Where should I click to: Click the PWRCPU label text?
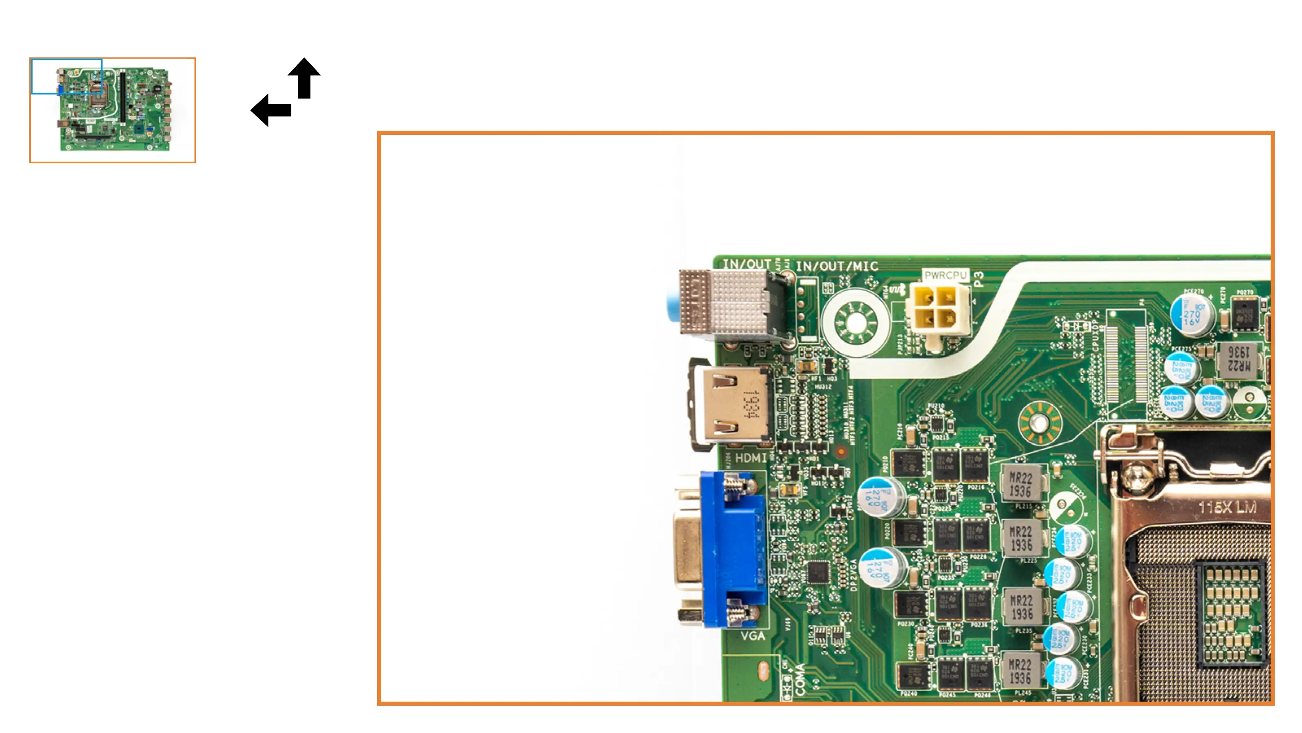tap(945, 276)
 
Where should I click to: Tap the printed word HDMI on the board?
tap(751, 458)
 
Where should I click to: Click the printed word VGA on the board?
tap(753, 636)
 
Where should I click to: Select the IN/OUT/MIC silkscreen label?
tap(837, 266)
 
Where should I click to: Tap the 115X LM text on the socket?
tap(1227, 507)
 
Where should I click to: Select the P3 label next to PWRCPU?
tap(979, 279)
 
